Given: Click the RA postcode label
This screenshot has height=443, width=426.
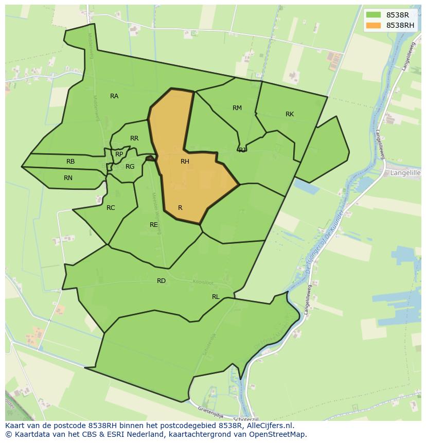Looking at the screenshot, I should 114,96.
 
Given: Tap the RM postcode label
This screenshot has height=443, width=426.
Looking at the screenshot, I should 237,108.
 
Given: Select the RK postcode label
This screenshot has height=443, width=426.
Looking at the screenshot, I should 290,114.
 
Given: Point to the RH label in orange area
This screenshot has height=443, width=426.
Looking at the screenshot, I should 185,162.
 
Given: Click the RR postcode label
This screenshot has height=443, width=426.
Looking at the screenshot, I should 134,138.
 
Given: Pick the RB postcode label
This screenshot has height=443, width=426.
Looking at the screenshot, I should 70,162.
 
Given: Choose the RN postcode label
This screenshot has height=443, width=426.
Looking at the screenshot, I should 68,178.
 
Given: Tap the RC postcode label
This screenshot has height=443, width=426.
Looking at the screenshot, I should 111,208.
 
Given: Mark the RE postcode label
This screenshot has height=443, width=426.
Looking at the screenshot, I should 153,225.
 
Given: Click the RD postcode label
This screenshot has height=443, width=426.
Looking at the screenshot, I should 161,281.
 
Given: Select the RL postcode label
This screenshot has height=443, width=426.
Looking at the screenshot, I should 216,297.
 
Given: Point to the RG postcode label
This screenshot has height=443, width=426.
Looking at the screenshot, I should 130,167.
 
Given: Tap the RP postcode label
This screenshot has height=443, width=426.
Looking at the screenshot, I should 119,154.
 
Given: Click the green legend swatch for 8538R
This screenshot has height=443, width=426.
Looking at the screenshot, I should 374,15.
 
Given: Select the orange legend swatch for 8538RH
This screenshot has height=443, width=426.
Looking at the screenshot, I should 374,25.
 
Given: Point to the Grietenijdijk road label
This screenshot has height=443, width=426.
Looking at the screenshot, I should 212,412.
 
